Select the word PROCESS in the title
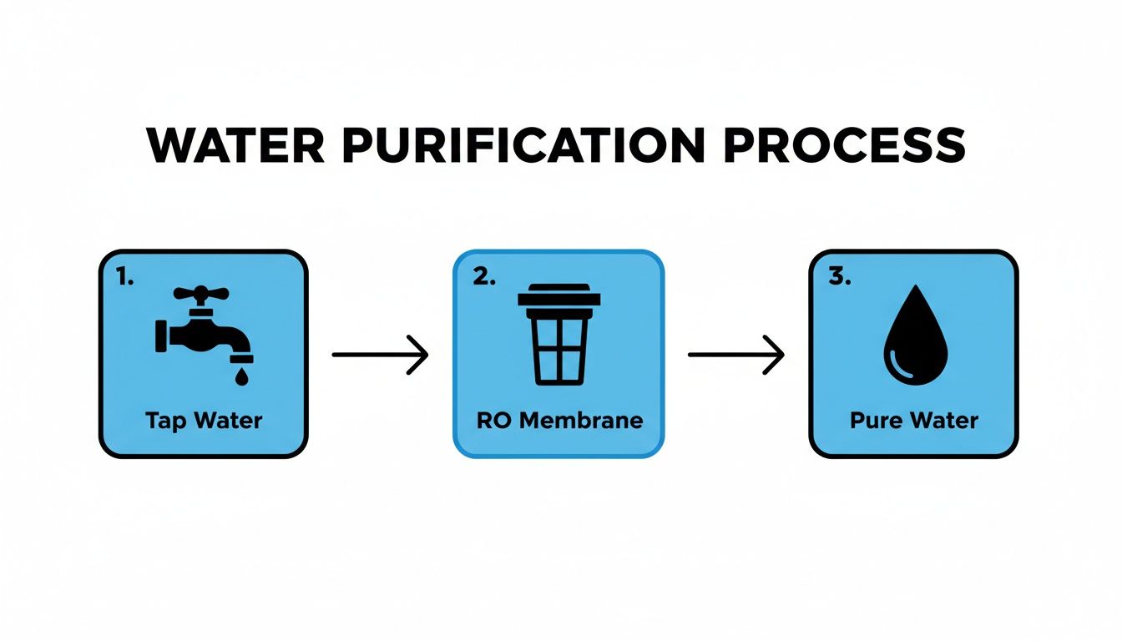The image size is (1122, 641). pyautogui.click(x=844, y=145)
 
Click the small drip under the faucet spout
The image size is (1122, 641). pyautogui.click(x=241, y=376)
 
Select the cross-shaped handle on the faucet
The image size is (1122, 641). pyautogui.click(x=200, y=294)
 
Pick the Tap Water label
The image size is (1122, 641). pyautogui.click(x=204, y=420)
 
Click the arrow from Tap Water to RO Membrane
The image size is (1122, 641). pyautogui.click(x=380, y=356)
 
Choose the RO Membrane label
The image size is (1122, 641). pyautogui.click(x=559, y=420)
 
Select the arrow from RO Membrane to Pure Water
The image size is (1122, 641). pyautogui.click(x=735, y=356)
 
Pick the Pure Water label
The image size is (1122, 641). pyautogui.click(x=913, y=420)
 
